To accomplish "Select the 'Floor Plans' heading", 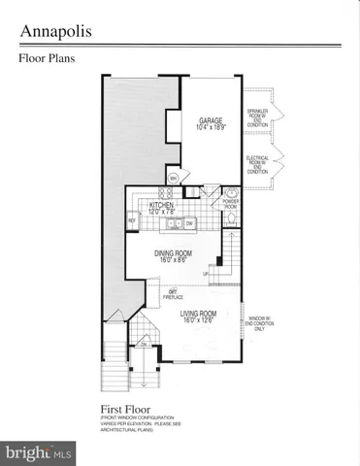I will point(47,58).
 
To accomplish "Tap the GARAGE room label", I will point(211,120).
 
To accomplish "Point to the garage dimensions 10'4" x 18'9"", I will point(211,127).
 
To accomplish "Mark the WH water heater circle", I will point(173,179).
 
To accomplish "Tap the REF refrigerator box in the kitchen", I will point(132,221).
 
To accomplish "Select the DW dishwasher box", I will point(189,224).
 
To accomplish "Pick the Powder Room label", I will point(231,205).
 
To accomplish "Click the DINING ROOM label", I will point(174,254).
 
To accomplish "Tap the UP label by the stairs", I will point(205,274).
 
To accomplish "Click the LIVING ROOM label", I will point(198,315).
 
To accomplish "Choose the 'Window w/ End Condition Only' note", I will point(258,323).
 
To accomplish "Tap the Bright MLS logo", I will point(39,452).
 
